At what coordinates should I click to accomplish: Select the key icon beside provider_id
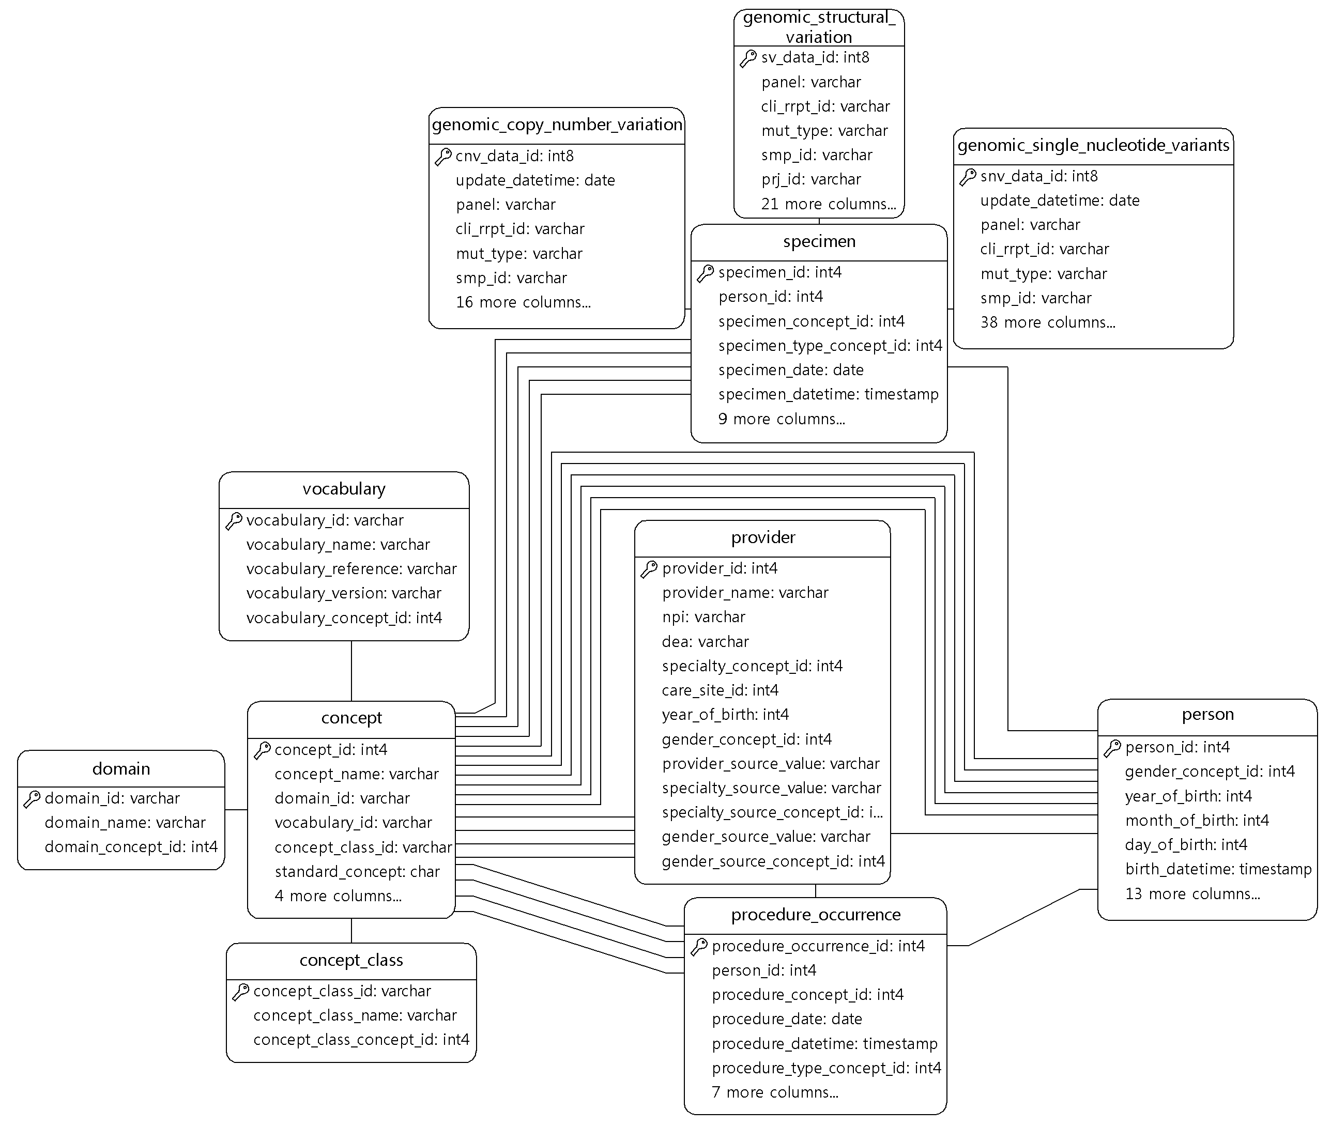click(x=649, y=569)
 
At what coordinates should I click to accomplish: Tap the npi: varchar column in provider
click(x=703, y=617)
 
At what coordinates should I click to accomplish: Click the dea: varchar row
click(x=706, y=641)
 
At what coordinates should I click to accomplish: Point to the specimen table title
click(x=819, y=241)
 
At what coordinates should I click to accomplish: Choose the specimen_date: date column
click(x=791, y=370)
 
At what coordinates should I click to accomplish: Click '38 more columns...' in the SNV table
click(x=1048, y=322)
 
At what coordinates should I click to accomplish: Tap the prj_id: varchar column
click(x=810, y=179)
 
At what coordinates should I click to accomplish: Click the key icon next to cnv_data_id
click(x=443, y=157)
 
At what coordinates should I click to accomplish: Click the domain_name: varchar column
click(x=125, y=823)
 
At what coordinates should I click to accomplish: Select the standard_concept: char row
click(x=357, y=872)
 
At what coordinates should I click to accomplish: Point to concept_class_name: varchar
click(x=355, y=1015)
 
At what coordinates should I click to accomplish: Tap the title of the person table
click(x=1207, y=714)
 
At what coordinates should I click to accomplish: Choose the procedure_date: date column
click(x=787, y=1020)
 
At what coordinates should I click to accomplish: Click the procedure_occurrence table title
click(x=816, y=915)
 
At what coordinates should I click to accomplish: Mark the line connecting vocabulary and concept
click(x=351, y=671)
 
